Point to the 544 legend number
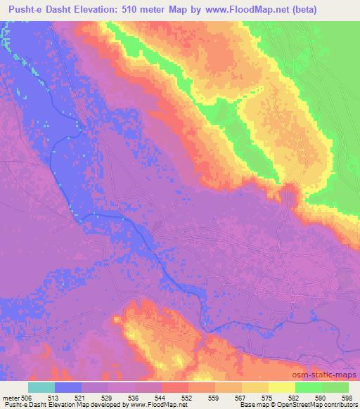[x=161, y=398]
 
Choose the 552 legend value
[x=188, y=398]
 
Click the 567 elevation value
[x=241, y=398]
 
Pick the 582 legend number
[x=295, y=398]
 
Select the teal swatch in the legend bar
[x=41, y=387]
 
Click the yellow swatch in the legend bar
[x=281, y=387]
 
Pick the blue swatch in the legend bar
[x=68, y=387]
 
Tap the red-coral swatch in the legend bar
[x=174, y=387]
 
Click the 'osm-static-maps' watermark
[x=329, y=376]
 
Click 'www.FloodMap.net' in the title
[x=233, y=10]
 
